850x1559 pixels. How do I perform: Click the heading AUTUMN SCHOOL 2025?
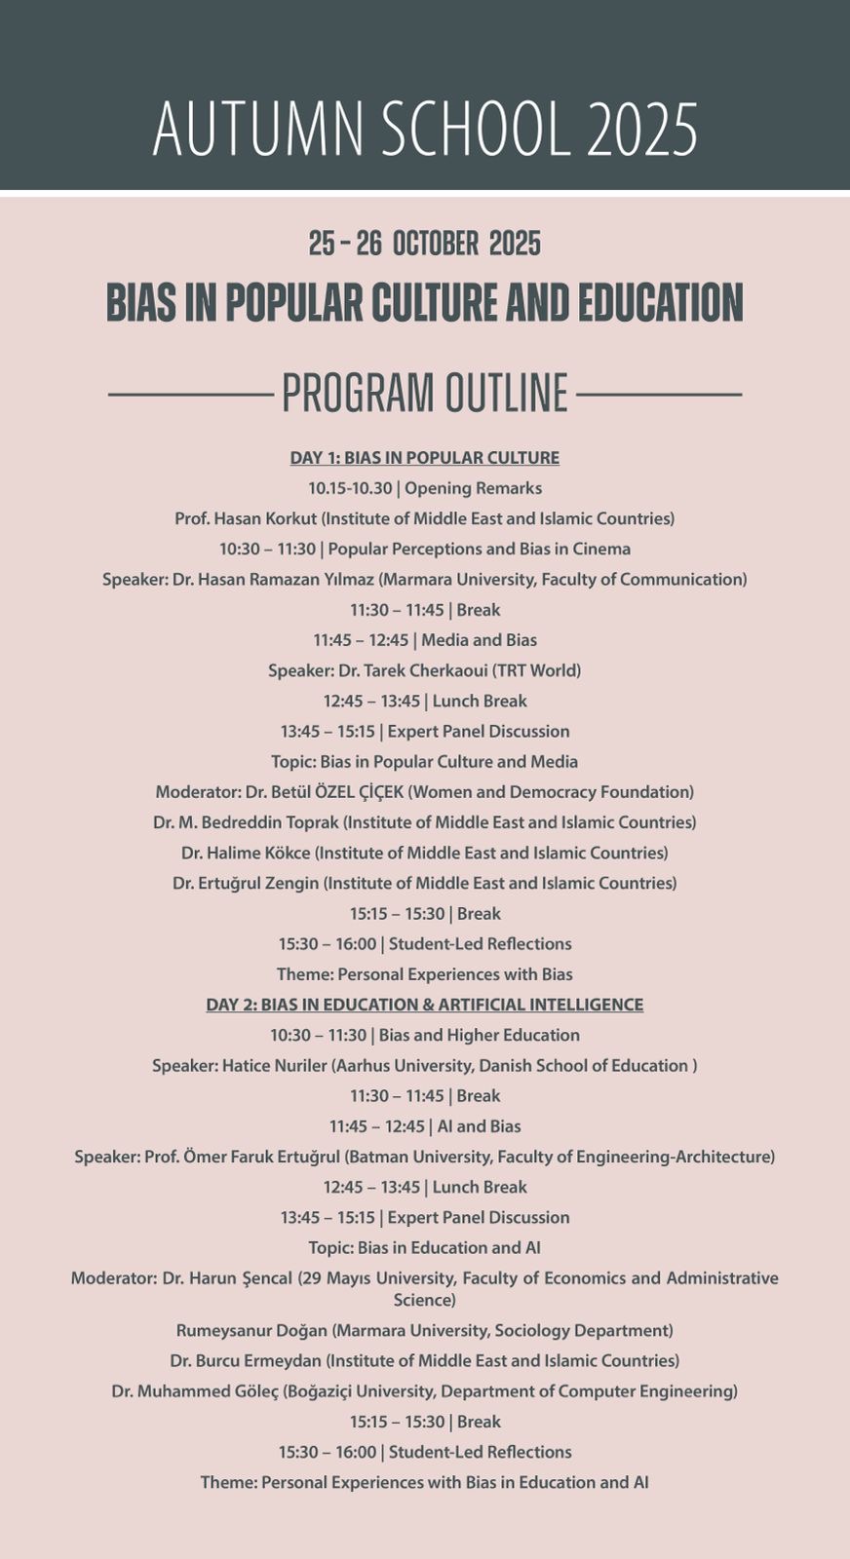pyautogui.click(x=425, y=129)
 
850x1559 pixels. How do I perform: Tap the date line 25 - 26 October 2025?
pyautogui.click(x=425, y=244)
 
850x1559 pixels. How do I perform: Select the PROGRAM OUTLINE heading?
pyautogui.click(x=425, y=394)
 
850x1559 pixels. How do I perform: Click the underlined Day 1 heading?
pyautogui.click(x=425, y=458)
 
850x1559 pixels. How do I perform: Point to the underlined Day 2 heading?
pyautogui.click(x=425, y=1005)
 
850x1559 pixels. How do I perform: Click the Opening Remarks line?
pyautogui.click(x=425, y=488)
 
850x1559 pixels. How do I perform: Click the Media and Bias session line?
pyautogui.click(x=425, y=640)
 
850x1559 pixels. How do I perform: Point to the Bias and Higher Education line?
pyautogui.click(x=425, y=1035)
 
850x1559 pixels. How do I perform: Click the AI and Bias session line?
pyautogui.click(x=425, y=1126)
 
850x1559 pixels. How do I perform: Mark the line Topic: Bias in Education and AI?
pyautogui.click(x=425, y=1248)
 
